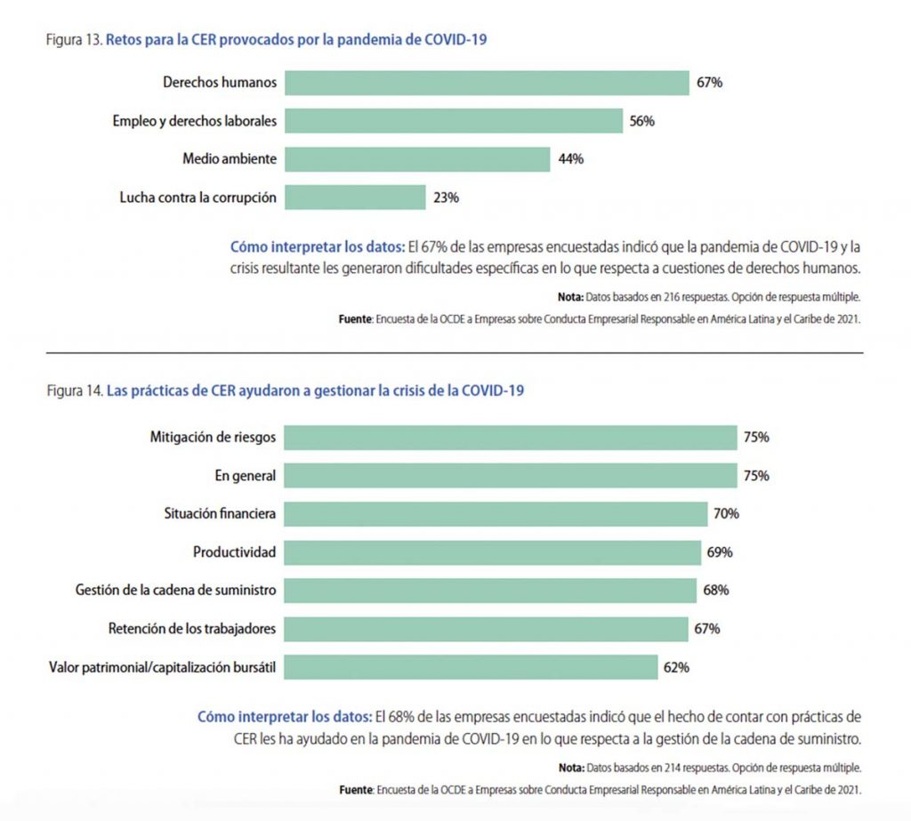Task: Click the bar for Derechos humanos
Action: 487,83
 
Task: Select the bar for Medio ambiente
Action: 417,159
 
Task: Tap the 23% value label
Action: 446,197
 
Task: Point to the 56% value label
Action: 641,121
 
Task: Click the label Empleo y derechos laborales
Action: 194,121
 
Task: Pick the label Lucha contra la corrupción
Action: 198,197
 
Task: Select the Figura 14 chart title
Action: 285,390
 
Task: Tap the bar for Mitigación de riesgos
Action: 511,438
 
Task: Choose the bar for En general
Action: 511,476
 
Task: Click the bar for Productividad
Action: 493,552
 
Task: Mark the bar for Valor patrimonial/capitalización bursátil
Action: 471,667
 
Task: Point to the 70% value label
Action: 725,514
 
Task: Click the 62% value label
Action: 676,667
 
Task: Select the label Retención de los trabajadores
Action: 192,629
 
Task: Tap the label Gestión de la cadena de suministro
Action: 176,591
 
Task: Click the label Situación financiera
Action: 220,514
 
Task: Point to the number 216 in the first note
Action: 667,297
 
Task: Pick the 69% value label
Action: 719,552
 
